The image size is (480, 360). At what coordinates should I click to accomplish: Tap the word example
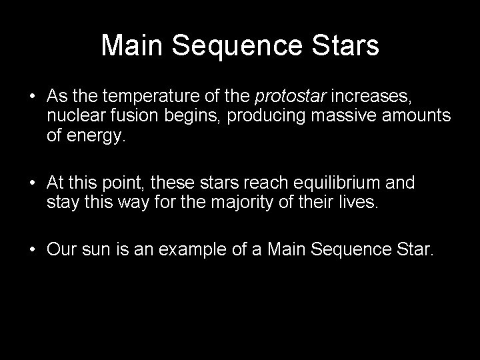click(x=179, y=251)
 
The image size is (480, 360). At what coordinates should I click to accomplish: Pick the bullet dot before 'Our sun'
click(x=33, y=251)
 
